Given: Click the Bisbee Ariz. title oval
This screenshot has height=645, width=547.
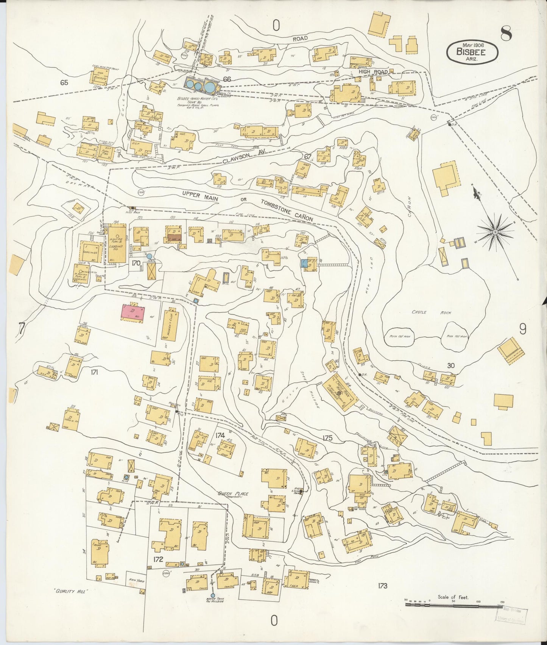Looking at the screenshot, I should pyautogui.click(x=472, y=52).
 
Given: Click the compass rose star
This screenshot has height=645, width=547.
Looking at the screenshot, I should pyautogui.click(x=495, y=231).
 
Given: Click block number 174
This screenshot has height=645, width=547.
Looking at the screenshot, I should pyautogui.click(x=220, y=435).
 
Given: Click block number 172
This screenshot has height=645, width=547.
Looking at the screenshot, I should pyautogui.click(x=158, y=559).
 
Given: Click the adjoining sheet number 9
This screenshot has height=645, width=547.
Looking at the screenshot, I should pyautogui.click(x=522, y=329).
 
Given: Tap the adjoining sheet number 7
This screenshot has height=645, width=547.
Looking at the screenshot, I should pyautogui.click(x=21, y=329).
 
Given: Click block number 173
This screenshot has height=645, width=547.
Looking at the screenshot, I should pyautogui.click(x=382, y=586).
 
